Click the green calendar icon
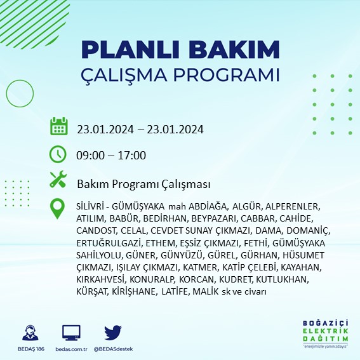58,126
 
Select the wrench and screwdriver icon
58,180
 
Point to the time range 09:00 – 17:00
111,156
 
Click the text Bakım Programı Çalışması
143,183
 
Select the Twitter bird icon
112,332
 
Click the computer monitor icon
71,332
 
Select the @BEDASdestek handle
112,349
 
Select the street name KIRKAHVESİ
100,279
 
